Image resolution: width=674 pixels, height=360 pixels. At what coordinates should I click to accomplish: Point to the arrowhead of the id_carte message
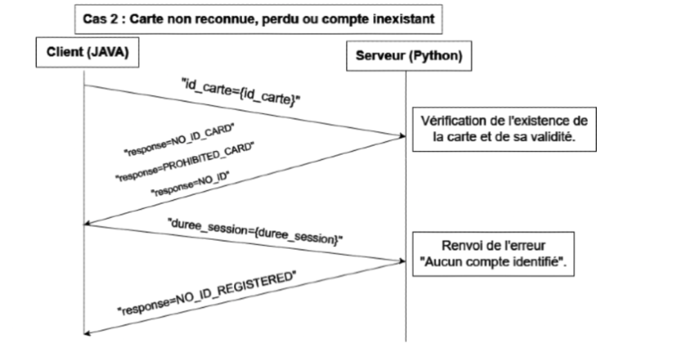pyautogui.click(x=402, y=137)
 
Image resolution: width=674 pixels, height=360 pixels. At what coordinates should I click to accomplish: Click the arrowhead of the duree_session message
pyautogui.click(x=402, y=261)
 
